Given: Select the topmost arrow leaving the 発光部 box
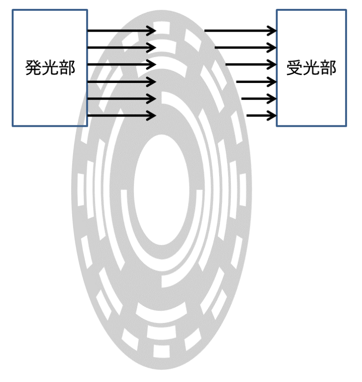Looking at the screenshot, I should pos(121,31).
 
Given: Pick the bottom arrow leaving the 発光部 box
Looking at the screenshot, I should pos(121,115).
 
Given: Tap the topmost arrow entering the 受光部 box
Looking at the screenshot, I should pos(240,31).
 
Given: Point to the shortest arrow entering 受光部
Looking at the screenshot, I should pos(261,115).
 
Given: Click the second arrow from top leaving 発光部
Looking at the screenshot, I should pos(121,48).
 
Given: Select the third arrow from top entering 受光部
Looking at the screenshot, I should pos(251,65).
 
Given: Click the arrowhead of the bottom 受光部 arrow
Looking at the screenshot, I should pos(272,115).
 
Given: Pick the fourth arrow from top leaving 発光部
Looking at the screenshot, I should pos(121,82).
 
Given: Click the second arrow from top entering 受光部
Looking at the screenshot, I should pos(245,48).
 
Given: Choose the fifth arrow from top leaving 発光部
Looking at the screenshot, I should pos(121,99).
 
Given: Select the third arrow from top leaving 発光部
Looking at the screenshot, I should pos(121,65).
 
